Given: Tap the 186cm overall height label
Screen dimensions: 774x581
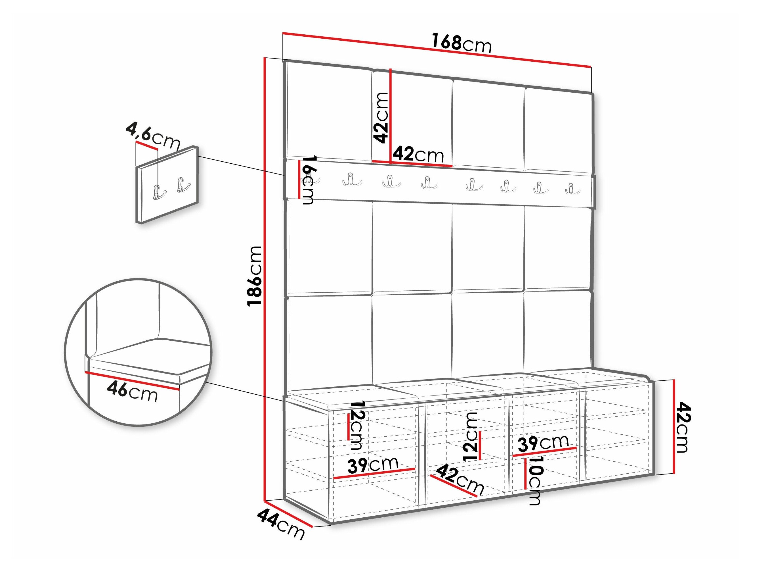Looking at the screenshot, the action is click(254, 276).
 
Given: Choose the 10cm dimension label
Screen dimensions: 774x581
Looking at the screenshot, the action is click(535, 480).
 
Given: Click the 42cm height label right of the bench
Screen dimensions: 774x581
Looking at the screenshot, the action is click(682, 427).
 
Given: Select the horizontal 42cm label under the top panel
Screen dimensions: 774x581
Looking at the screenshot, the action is click(418, 154).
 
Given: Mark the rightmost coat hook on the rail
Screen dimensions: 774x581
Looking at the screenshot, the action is click(572, 188).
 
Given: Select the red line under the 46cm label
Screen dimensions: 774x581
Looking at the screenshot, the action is click(132, 380).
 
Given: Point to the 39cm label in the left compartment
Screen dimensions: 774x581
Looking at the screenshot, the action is click(373, 465).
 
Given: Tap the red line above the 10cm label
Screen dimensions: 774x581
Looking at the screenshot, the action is click(544, 452).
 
